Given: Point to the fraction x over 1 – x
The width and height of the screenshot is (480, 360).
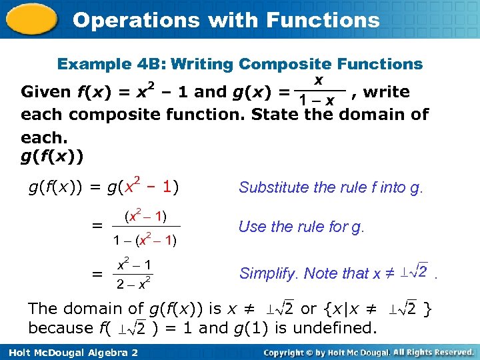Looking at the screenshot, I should pyautogui.click(x=319, y=91).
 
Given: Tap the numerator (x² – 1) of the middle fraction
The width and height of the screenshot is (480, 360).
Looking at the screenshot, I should pyautogui.click(x=145, y=216).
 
